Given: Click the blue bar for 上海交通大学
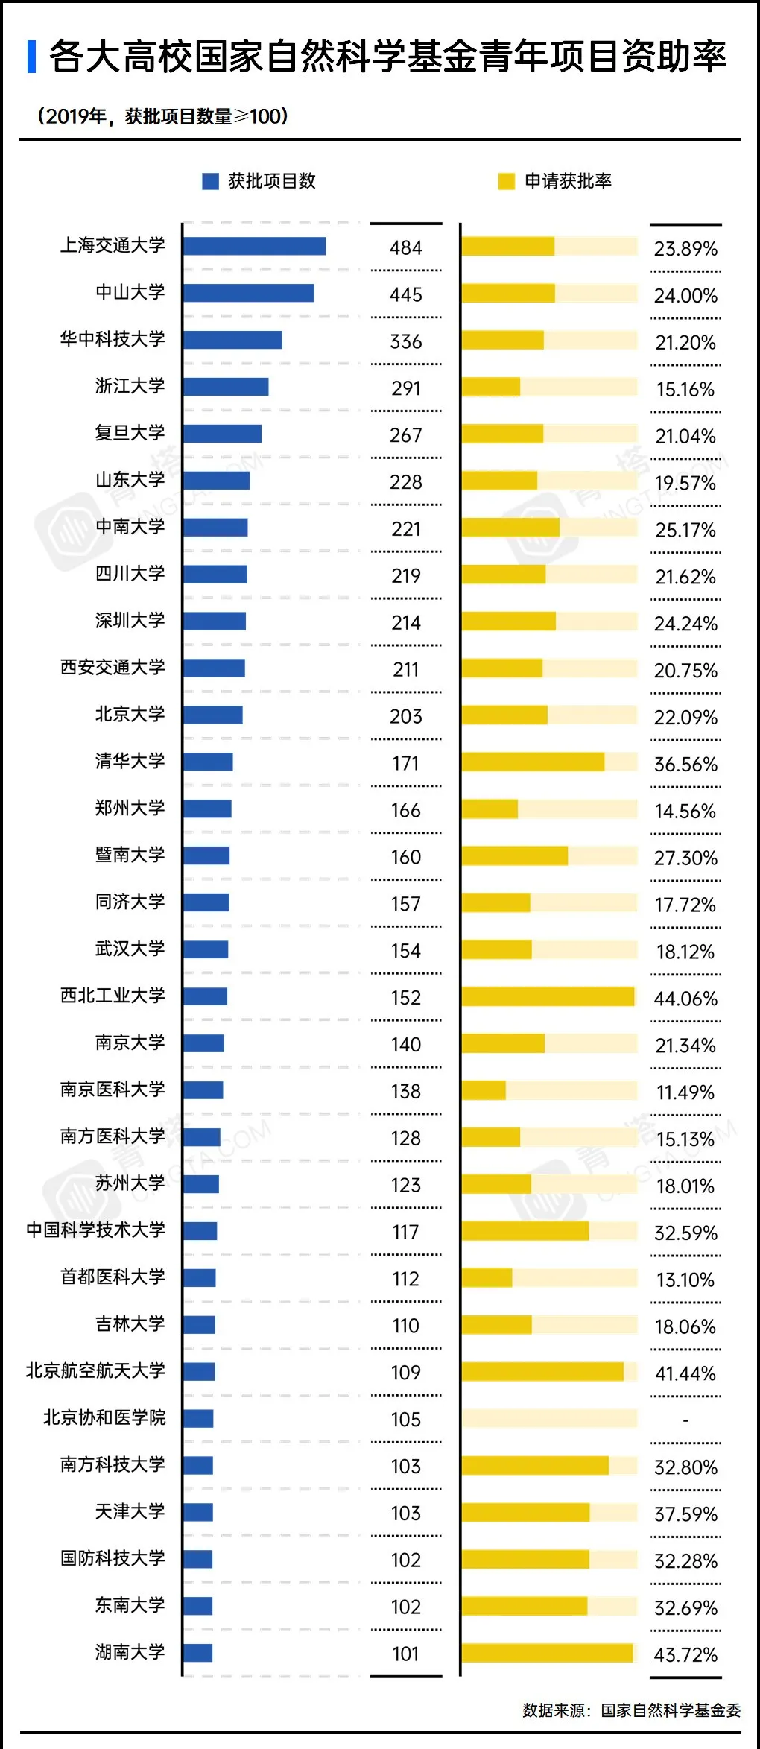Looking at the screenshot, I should [254, 246].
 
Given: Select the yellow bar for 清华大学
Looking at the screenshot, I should [533, 762].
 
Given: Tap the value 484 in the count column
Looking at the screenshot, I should [406, 247].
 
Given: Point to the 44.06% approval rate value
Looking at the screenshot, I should [685, 999].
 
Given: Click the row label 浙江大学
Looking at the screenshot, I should [130, 386].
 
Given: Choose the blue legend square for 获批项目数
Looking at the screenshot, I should [211, 181].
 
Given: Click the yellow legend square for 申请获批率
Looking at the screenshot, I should [507, 181].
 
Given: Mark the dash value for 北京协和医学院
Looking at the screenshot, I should [685, 1420].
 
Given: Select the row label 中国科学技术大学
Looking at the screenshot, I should [96, 1230].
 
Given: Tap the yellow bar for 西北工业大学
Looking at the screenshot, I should [548, 996].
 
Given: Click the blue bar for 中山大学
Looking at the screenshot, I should [248, 293].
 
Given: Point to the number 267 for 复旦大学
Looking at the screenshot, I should [406, 435].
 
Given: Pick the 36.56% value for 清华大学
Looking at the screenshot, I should [685, 765].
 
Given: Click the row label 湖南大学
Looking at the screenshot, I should [130, 1652].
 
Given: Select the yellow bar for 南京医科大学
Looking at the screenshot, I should [484, 1090].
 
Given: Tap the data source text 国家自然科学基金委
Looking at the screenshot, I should [671, 1710].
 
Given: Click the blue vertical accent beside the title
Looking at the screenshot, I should [31, 57].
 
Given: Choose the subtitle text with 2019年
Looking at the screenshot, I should [162, 116].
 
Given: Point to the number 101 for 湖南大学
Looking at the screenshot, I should [406, 1654].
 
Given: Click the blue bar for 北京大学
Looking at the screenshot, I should [212, 715].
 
